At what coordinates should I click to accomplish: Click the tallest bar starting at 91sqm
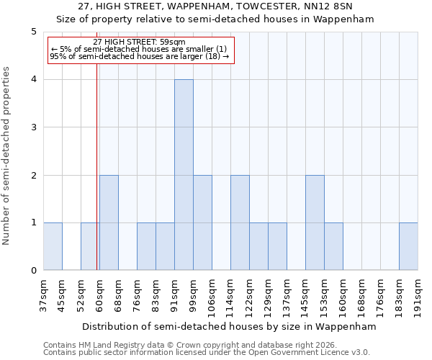coord(184,175)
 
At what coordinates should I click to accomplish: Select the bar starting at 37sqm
coord(53,246)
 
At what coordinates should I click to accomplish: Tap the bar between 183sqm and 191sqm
coord(408,246)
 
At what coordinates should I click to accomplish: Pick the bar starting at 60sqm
coord(109,222)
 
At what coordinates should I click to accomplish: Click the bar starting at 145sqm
coord(315,222)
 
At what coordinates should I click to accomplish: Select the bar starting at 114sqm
coord(240,222)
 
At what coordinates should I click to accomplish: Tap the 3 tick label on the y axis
coord(33,127)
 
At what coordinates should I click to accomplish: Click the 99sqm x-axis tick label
coord(193,294)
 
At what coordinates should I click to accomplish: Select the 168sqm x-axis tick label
coord(361,294)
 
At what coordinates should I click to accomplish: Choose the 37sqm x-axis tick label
coord(43,294)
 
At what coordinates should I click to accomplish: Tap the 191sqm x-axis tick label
coord(418,294)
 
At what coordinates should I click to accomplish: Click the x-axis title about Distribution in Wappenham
coord(230,326)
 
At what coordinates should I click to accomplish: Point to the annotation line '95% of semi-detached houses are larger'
coord(140,56)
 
